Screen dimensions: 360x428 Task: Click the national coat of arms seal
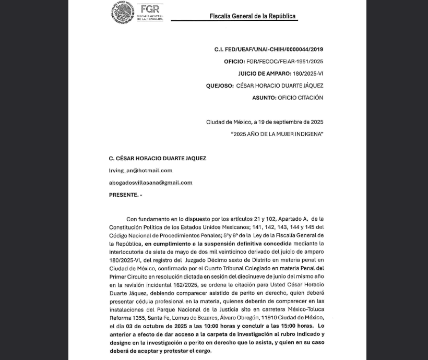123,13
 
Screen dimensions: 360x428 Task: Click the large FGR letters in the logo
149,9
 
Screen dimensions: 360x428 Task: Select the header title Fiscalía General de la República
253,16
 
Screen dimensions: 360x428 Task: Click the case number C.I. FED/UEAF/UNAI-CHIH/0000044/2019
269,49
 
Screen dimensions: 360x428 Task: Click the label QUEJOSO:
219,86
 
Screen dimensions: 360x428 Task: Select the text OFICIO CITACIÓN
300,98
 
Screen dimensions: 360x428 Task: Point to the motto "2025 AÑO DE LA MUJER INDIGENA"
277,134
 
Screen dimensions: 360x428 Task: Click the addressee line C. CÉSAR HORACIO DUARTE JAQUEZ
157,158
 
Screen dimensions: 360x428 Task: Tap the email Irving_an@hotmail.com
140,171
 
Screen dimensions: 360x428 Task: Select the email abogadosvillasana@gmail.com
150,183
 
